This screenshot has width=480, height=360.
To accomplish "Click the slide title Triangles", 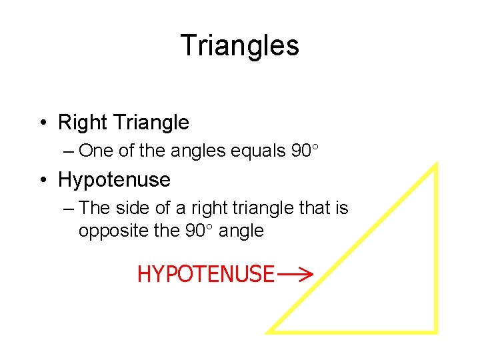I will tap(239, 46).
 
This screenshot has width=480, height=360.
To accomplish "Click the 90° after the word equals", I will tap(306, 151).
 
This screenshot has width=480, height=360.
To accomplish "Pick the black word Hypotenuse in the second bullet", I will tap(114, 180).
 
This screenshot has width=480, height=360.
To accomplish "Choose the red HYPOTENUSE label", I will tap(205, 274).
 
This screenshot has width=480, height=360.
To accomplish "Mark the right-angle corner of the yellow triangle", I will tap(435, 329).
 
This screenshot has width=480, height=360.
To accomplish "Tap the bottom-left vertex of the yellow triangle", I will tap(270, 330).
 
